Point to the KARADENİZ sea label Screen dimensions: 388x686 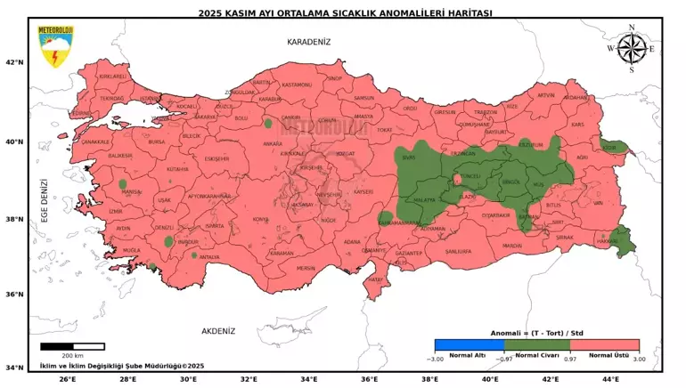pyautogui.click(x=308, y=42)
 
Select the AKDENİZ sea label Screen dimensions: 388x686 pyautogui.click(x=217, y=331)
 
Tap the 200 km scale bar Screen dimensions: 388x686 pyautogui.click(x=72, y=346)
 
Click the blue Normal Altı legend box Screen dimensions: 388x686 pyautogui.click(x=469, y=345)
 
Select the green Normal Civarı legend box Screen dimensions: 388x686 pyautogui.click(x=536, y=345)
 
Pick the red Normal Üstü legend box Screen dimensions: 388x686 pyautogui.click(x=605, y=345)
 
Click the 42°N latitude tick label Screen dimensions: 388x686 pyautogui.click(x=14, y=62)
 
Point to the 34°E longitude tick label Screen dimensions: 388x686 pyautogui.click(x=309, y=379)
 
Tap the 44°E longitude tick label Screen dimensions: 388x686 pyautogui.click(x=611, y=379)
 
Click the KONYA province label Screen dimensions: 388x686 pyautogui.click(x=260, y=219)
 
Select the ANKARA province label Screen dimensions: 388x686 pyautogui.click(x=273, y=143)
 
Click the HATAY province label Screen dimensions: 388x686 pyautogui.click(x=375, y=279)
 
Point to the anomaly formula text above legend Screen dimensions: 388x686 pyautogui.click(x=535, y=333)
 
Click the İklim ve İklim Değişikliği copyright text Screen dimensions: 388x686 pyautogui.click(x=122, y=365)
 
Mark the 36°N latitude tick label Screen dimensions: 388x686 pyautogui.click(x=14, y=295)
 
